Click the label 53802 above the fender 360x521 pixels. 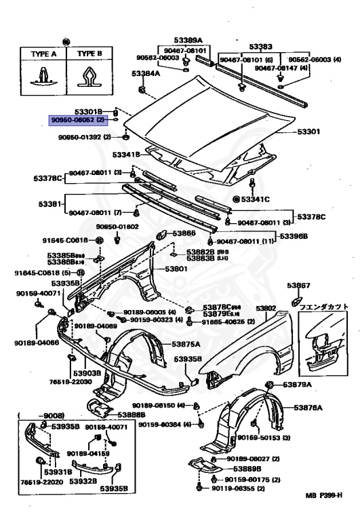coord(266,308)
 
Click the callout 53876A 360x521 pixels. coord(308,407)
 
